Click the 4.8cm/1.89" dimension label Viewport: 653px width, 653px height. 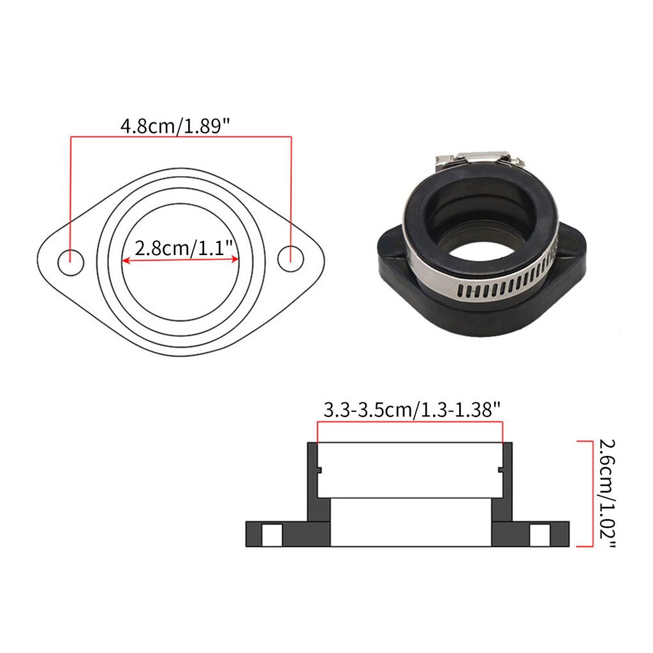(175, 126)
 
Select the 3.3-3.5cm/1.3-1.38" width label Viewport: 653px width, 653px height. (411, 410)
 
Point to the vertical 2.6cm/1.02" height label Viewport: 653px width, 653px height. (607, 493)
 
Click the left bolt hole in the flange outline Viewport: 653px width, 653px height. (71, 263)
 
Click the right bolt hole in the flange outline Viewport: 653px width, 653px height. (291, 259)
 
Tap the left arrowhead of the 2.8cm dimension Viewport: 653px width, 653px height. (126, 261)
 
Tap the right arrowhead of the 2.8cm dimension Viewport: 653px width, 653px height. (235, 259)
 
